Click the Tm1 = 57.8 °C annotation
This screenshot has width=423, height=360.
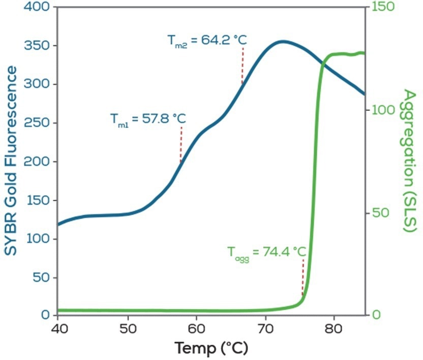tap(148, 119)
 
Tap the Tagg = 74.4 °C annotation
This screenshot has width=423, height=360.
tap(266, 252)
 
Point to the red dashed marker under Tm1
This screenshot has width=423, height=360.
tap(180, 144)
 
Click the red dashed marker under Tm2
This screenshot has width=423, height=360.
tap(243, 65)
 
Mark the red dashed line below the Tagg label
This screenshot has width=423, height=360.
tap(303, 277)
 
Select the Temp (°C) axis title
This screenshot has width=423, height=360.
tap(211, 348)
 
